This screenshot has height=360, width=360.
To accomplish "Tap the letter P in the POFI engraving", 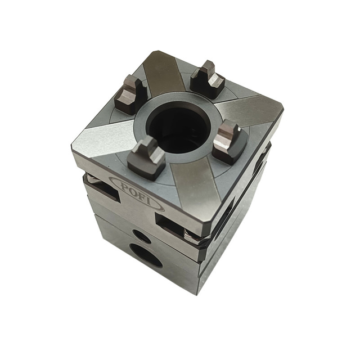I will pyautogui.click(x=120, y=183).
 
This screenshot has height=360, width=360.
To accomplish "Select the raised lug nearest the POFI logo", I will pyautogui.click(x=146, y=157).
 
